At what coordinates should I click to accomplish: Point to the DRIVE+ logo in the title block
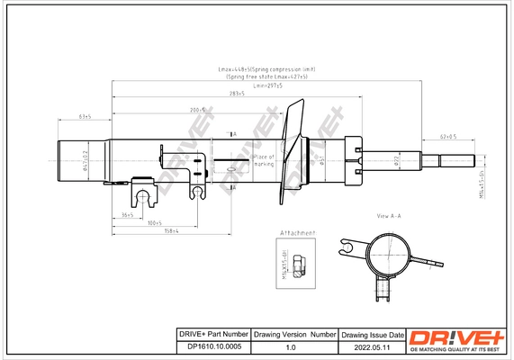[x=457, y=339]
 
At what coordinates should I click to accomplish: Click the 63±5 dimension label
[x=86, y=117]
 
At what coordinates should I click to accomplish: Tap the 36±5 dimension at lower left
[x=127, y=214]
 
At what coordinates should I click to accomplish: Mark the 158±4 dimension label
[x=173, y=230]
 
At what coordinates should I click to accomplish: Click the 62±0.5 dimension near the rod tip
[x=447, y=136]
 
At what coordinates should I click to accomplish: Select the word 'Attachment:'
[x=297, y=232]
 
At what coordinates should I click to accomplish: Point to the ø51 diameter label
[x=320, y=160]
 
